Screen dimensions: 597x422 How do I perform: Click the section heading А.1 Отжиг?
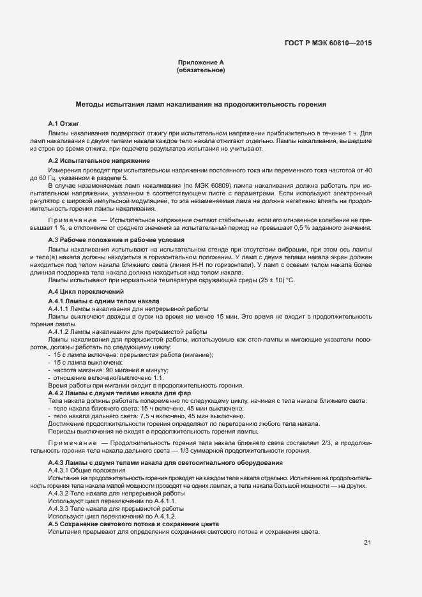(x=63, y=121)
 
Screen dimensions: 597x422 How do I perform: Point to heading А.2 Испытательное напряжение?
(x=99, y=160)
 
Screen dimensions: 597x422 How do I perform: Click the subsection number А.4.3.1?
(x=60, y=470)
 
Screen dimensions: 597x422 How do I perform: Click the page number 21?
(x=368, y=543)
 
